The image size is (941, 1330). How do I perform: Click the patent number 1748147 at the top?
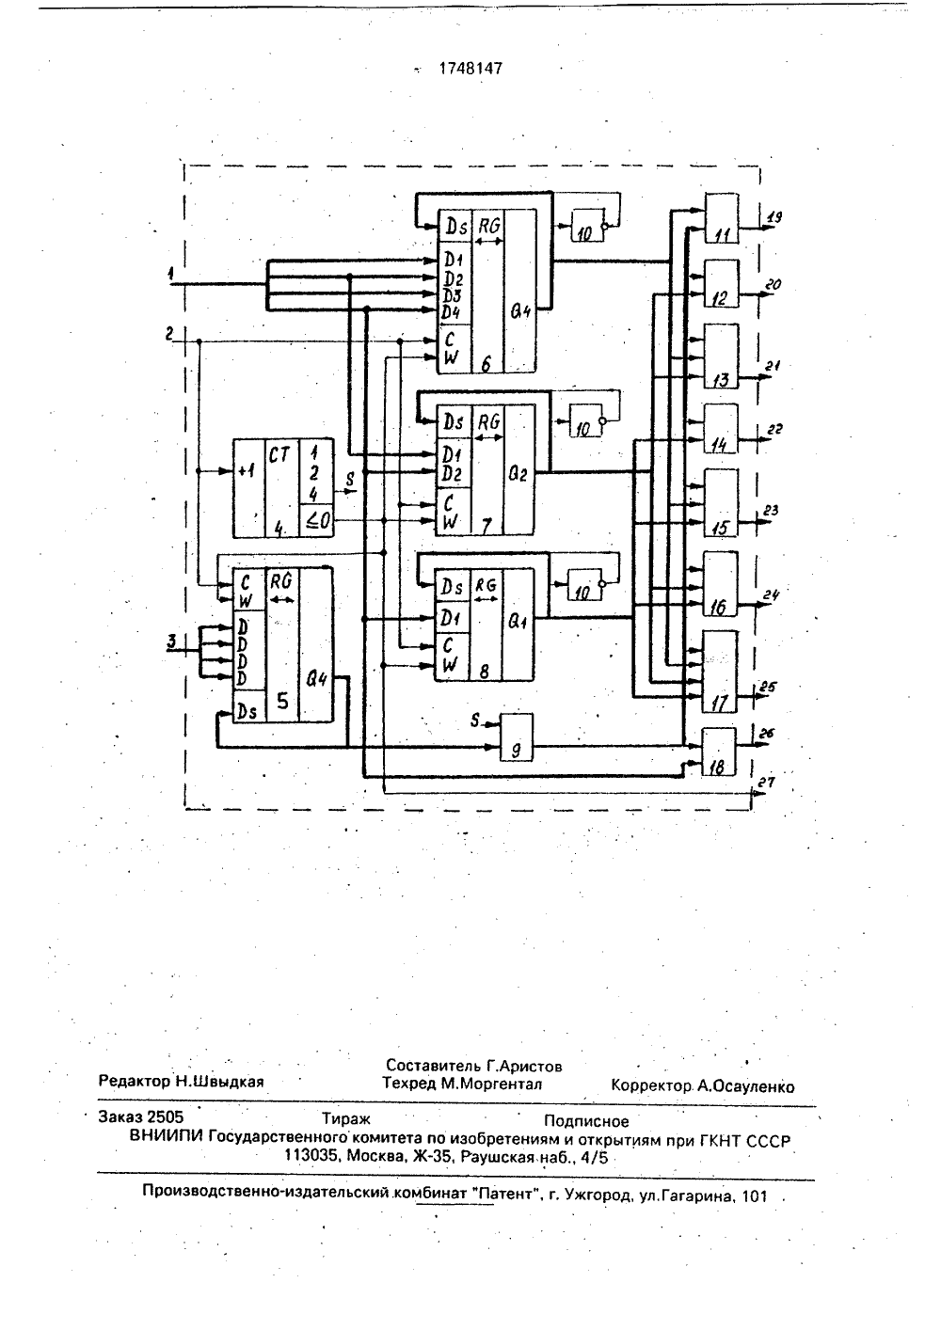470,69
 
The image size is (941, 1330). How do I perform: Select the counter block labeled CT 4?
283,488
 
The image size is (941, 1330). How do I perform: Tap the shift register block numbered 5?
282,645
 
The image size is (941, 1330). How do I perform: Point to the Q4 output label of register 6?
520,311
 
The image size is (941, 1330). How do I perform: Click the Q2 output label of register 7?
518,474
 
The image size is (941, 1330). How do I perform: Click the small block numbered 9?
517,736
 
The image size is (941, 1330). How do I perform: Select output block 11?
722,218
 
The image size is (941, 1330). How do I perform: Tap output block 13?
721,356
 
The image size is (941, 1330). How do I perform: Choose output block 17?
720,672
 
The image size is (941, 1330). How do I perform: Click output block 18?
719,752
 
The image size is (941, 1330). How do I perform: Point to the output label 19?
774,217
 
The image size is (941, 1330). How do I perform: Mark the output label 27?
767,783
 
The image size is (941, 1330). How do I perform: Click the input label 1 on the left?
170,274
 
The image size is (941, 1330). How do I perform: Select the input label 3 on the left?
171,641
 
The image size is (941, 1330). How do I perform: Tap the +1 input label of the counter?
246,471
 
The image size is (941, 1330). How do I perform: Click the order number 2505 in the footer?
166,1116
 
